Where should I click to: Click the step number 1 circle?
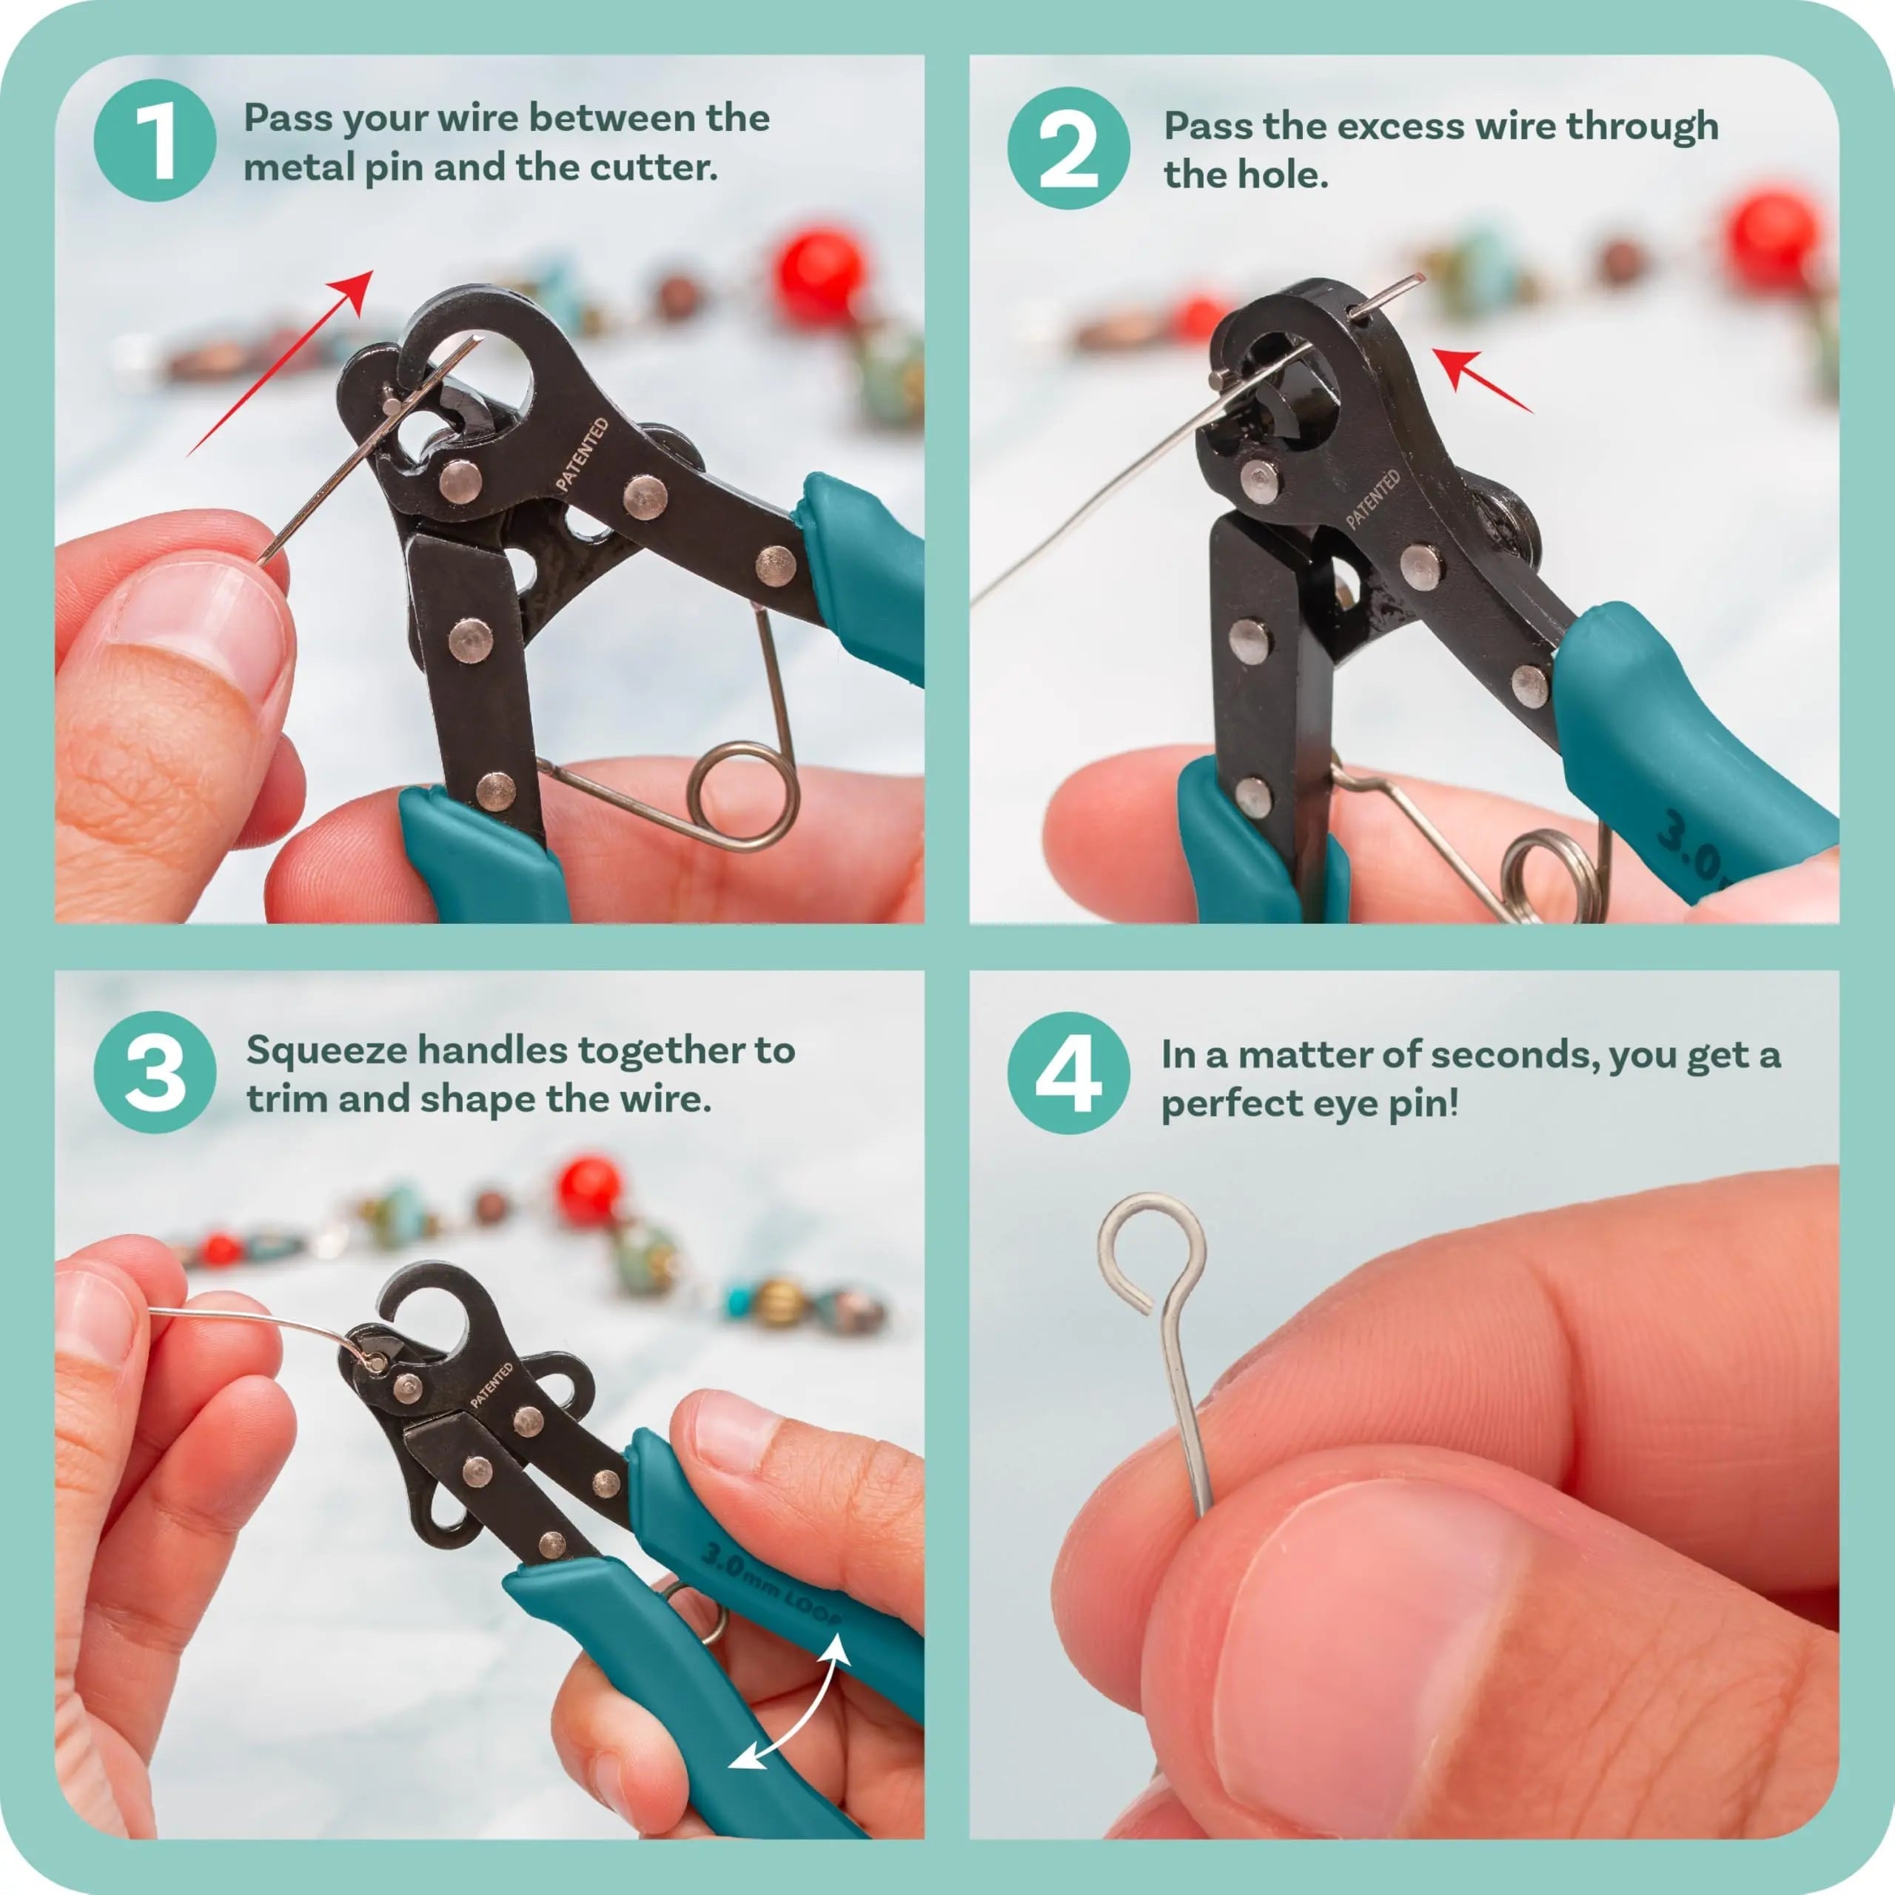[x=154, y=141]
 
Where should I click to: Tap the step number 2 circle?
[x=1068, y=148]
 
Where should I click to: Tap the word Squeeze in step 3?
[x=326, y=1050]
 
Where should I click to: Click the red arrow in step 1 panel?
[x=284, y=358]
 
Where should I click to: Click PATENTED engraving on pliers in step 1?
[x=583, y=454]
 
